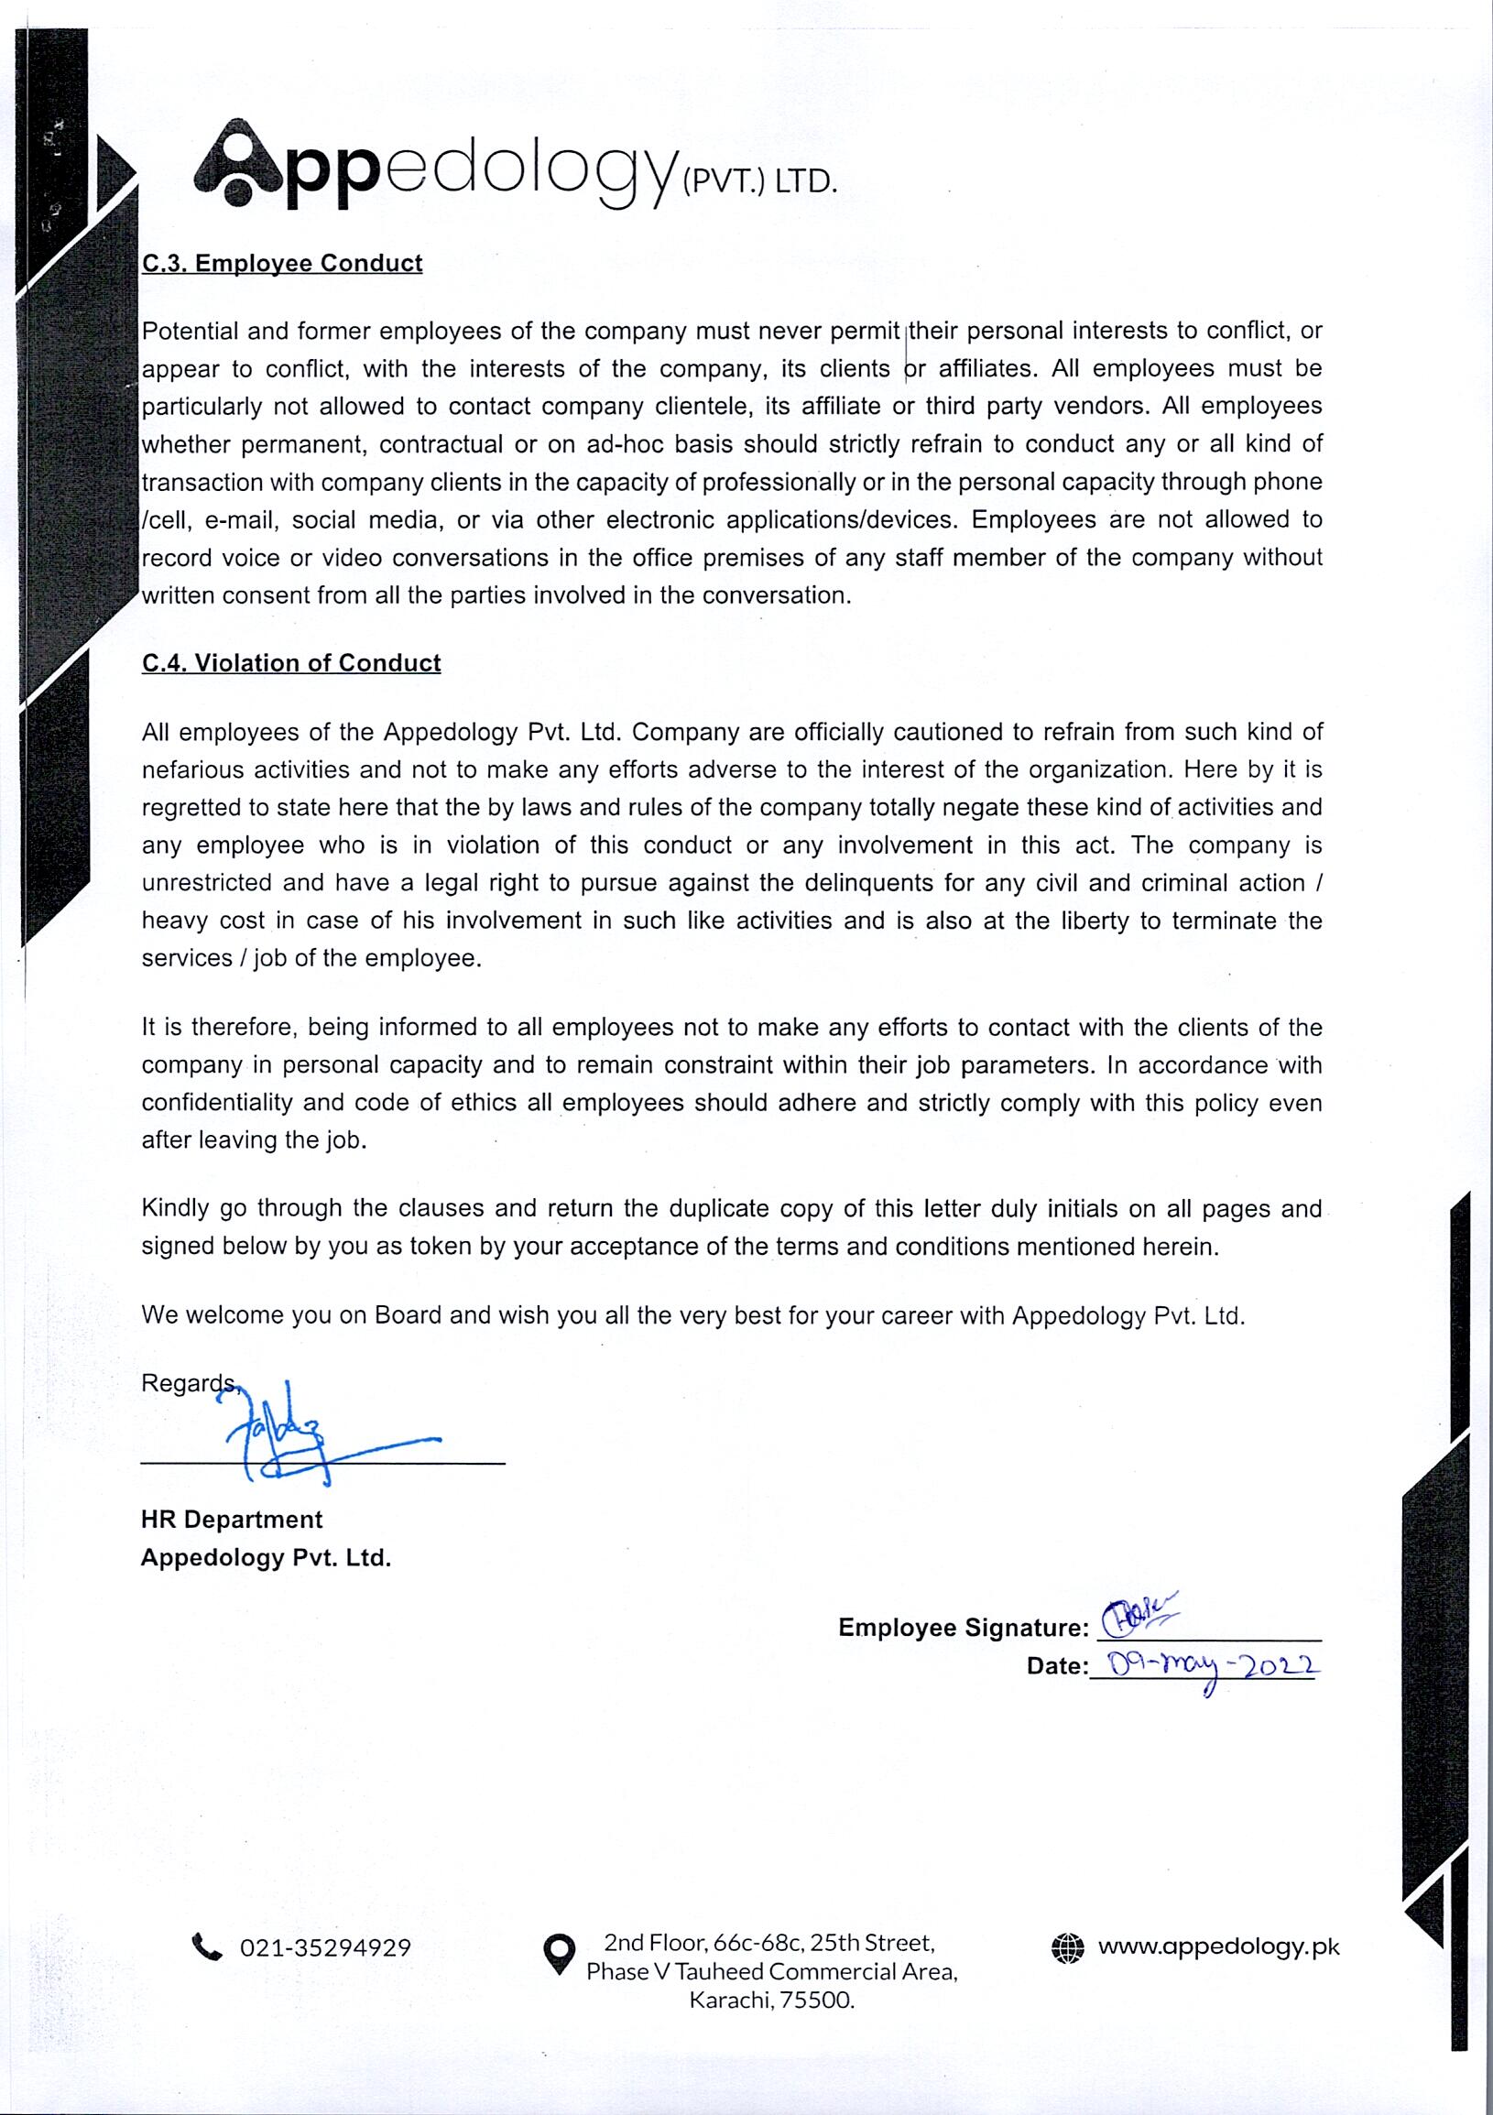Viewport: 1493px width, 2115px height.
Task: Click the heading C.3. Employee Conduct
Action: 282,264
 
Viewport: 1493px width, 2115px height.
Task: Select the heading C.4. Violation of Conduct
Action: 291,663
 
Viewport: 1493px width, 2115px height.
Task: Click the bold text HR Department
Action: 231,1520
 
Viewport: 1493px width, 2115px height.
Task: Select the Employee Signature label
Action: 963,1628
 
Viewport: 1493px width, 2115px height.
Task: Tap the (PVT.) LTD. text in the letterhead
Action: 760,181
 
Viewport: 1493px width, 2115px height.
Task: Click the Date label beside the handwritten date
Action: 1056,1666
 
